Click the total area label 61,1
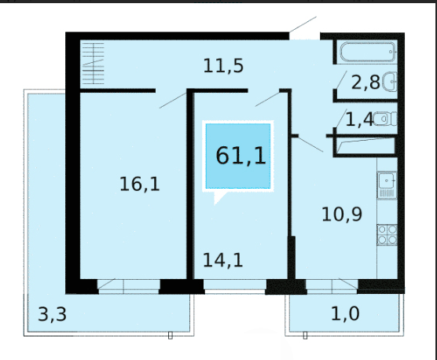(x=241, y=156)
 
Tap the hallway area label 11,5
(x=223, y=66)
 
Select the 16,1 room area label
(x=140, y=184)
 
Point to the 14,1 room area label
(x=222, y=260)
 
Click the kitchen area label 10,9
(x=342, y=215)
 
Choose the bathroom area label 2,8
(x=365, y=83)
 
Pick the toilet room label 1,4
(x=359, y=119)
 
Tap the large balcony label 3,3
(x=52, y=314)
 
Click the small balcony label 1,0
(x=345, y=313)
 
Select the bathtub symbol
(x=368, y=52)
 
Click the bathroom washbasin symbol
(x=389, y=82)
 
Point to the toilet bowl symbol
(x=385, y=119)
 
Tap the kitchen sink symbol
(x=387, y=186)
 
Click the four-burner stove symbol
(x=387, y=235)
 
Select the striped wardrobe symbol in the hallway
(x=93, y=64)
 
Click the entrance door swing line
(x=303, y=24)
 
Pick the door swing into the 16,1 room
(x=173, y=101)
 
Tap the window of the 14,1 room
(x=235, y=285)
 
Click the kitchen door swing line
(x=310, y=144)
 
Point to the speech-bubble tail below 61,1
(x=218, y=197)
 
